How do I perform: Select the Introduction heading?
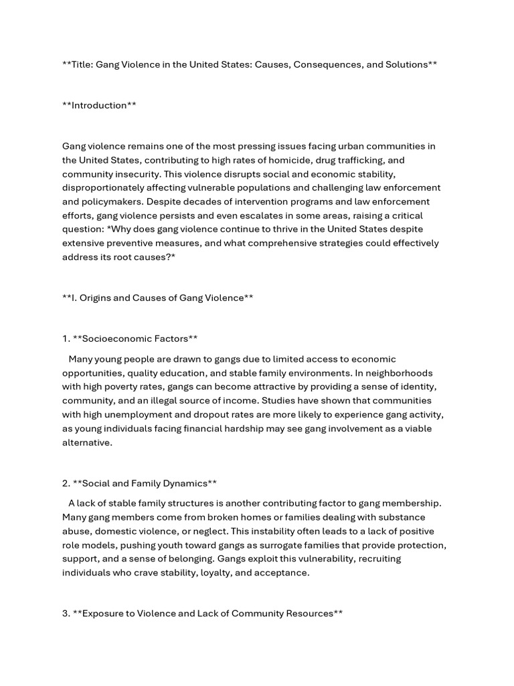(99, 105)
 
